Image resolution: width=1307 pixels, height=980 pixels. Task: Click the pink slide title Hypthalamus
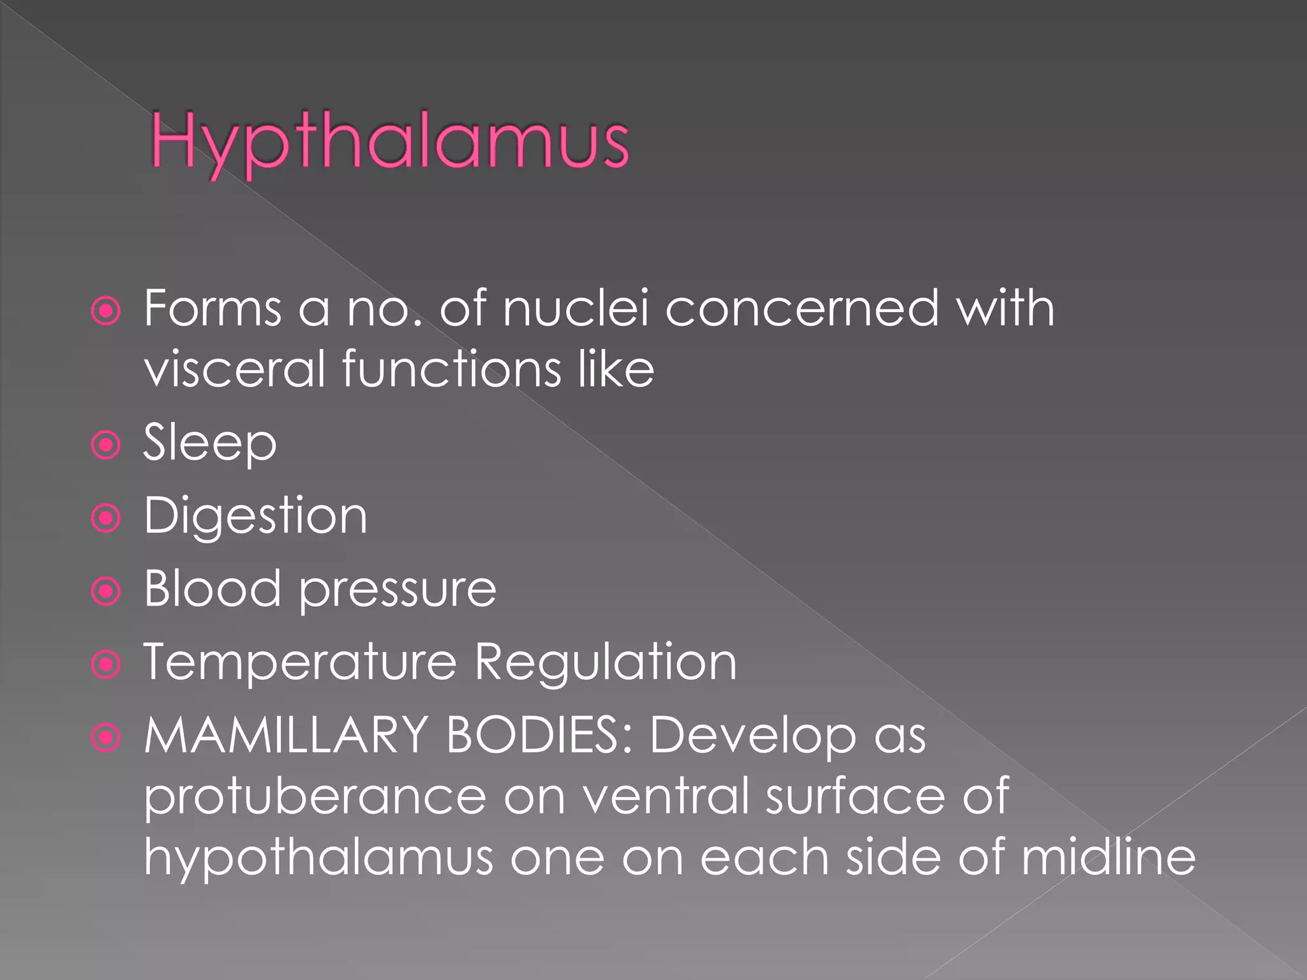[389, 142]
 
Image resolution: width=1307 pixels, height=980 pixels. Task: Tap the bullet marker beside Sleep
[106, 445]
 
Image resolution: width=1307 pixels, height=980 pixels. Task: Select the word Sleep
[210, 443]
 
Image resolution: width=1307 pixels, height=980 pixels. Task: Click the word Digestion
[255, 517]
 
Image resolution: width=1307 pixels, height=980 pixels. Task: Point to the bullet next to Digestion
[106, 518]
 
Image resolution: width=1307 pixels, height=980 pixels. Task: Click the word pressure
[398, 591]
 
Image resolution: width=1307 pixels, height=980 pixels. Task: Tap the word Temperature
[300, 662]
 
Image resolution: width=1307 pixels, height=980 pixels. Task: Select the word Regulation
[606, 664]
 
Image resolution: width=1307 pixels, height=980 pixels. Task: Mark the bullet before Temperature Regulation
[106, 665]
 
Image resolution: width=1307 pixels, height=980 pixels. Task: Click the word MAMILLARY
[285, 735]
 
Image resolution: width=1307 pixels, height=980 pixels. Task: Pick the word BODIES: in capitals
[539, 735]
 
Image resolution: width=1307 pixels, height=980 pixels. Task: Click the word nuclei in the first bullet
[576, 309]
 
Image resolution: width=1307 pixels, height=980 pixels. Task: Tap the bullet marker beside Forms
[106, 311]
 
